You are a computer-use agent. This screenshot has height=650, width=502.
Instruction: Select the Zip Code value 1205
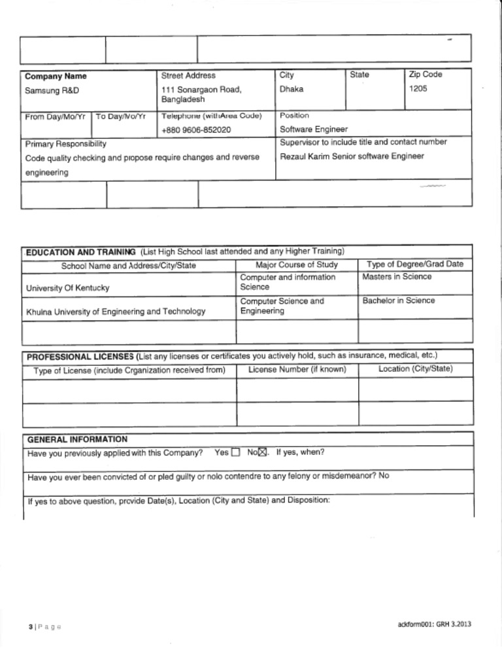pyautogui.click(x=418, y=88)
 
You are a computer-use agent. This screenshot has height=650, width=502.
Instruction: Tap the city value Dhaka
pyautogui.click(x=292, y=88)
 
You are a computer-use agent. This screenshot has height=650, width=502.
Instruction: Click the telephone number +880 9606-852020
pyautogui.click(x=196, y=130)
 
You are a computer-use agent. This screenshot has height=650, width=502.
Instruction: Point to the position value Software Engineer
pyautogui.click(x=314, y=130)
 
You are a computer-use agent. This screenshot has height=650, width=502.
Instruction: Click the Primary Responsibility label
pyautogui.click(x=65, y=143)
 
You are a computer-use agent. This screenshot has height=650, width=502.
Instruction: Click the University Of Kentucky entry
pyautogui.click(x=67, y=288)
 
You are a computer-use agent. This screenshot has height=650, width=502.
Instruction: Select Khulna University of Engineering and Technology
pyautogui.click(x=115, y=312)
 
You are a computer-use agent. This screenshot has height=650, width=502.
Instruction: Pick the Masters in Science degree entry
pyautogui.click(x=397, y=277)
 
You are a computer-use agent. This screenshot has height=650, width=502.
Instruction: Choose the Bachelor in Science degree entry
pyautogui.click(x=399, y=301)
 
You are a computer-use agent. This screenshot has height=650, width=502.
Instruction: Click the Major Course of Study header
pyautogui.click(x=297, y=265)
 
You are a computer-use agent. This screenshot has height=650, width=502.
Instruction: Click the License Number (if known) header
pyautogui.click(x=297, y=369)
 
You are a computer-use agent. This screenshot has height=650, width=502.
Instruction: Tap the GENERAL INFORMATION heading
pyautogui.click(x=76, y=439)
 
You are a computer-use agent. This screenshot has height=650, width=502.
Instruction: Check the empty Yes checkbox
pyautogui.click(x=236, y=453)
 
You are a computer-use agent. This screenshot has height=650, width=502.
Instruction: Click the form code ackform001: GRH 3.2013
pyautogui.click(x=434, y=624)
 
